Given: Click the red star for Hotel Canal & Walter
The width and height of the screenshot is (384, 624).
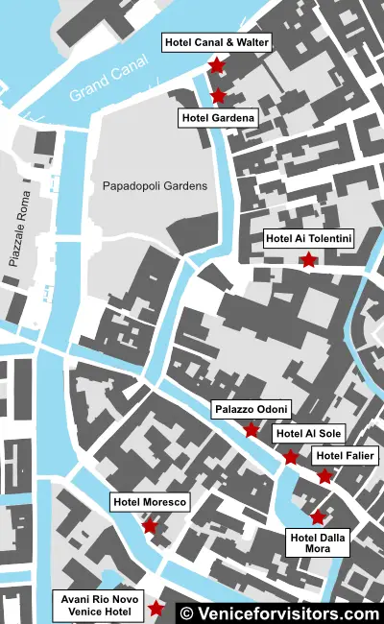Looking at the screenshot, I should (216, 65).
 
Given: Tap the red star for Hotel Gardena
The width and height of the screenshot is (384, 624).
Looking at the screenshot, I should (218, 95).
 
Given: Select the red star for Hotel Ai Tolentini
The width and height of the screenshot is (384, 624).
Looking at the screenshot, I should (307, 259).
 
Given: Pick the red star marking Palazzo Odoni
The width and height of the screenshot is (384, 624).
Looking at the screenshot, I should (252, 430).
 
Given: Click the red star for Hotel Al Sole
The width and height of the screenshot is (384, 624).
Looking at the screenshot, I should (291, 457).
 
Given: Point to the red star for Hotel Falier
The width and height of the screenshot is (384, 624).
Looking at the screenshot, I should (324, 476).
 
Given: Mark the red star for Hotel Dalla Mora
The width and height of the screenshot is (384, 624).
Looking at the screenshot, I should (318, 517).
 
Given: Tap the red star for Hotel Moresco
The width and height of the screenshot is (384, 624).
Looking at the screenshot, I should (150, 525).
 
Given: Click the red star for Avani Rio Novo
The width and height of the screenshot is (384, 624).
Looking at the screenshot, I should (156, 609).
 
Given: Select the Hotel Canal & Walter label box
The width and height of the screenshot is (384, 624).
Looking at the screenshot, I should (217, 42).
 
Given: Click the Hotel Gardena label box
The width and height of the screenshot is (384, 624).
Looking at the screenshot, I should (218, 118).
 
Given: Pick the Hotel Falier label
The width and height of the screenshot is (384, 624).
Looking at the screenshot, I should (346, 455).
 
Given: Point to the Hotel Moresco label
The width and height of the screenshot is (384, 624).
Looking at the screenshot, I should (149, 502).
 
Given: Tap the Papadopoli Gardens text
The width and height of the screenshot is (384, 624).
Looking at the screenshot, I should (155, 186).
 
